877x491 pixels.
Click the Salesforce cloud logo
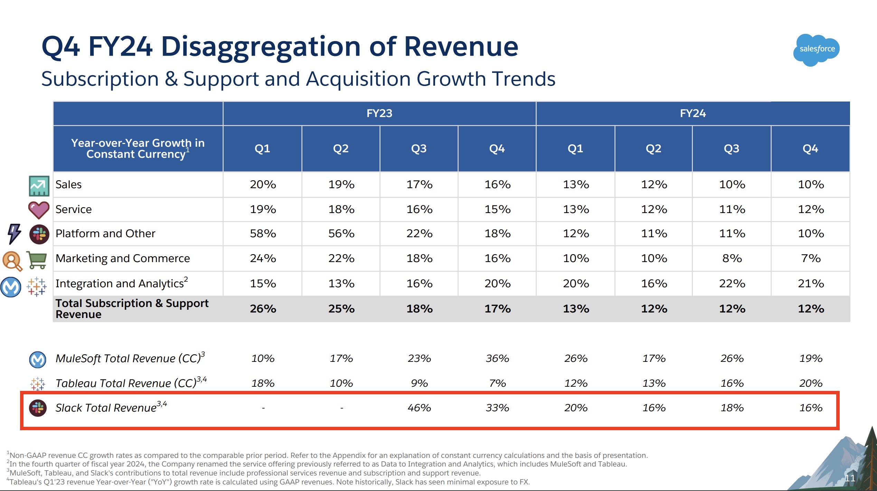tap(816, 50)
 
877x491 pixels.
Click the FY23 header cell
tap(379, 113)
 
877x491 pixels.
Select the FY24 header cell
tap(692, 113)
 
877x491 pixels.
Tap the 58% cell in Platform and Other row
tap(263, 234)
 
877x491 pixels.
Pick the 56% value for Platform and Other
tap(341, 234)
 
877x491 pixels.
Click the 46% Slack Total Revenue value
tap(419, 408)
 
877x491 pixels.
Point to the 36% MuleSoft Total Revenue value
tap(497, 358)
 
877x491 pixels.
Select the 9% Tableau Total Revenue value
tap(419, 383)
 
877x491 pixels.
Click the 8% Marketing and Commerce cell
tap(732, 258)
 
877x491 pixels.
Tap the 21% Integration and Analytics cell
tap(810, 283)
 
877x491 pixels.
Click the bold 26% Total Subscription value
tap(263, 309)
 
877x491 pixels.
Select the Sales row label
tap(68, 184)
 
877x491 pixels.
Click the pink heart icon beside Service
tap(39, 210)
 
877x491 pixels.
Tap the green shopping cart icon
tap(37, 260)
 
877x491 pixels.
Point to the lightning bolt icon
tap(14, 234)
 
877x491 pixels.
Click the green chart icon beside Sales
tap(39, 186)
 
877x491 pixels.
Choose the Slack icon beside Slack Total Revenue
tap(38, 408)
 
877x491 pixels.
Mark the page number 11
tap(849, 478)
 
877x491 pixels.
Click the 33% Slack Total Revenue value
tap(497, 408)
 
